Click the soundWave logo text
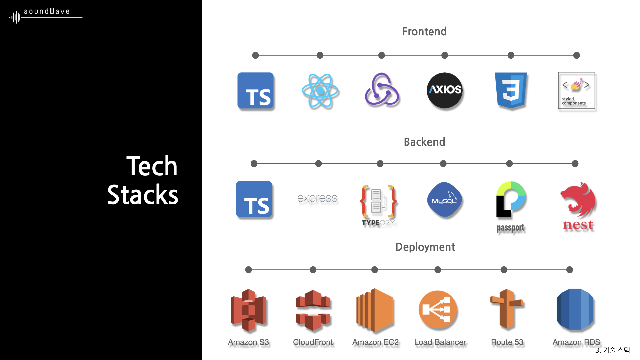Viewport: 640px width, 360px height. (47, 12)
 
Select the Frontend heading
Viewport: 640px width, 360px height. (424, 31)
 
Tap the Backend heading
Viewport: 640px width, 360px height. (424, 142)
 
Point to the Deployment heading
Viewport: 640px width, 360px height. (425, 247)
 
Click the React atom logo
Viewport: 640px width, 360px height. (320, 91)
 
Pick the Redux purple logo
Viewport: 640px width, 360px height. (382, 90)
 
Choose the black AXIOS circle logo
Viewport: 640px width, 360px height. (445, 90)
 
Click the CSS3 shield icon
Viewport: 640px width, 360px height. (511, 90)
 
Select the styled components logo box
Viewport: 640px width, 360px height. (576, 90)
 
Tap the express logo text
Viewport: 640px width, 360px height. (317, 198)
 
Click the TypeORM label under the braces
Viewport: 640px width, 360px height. (379, 223)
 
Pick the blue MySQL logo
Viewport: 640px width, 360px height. (444, 199)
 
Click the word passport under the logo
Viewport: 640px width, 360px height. (510, 228)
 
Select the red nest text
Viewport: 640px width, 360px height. (578, 225)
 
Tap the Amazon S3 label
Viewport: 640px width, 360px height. (248, 342)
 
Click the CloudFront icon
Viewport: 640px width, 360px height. (313, 310)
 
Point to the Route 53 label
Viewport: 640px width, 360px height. (507, 342)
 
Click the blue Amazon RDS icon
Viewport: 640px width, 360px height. (575, 309)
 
